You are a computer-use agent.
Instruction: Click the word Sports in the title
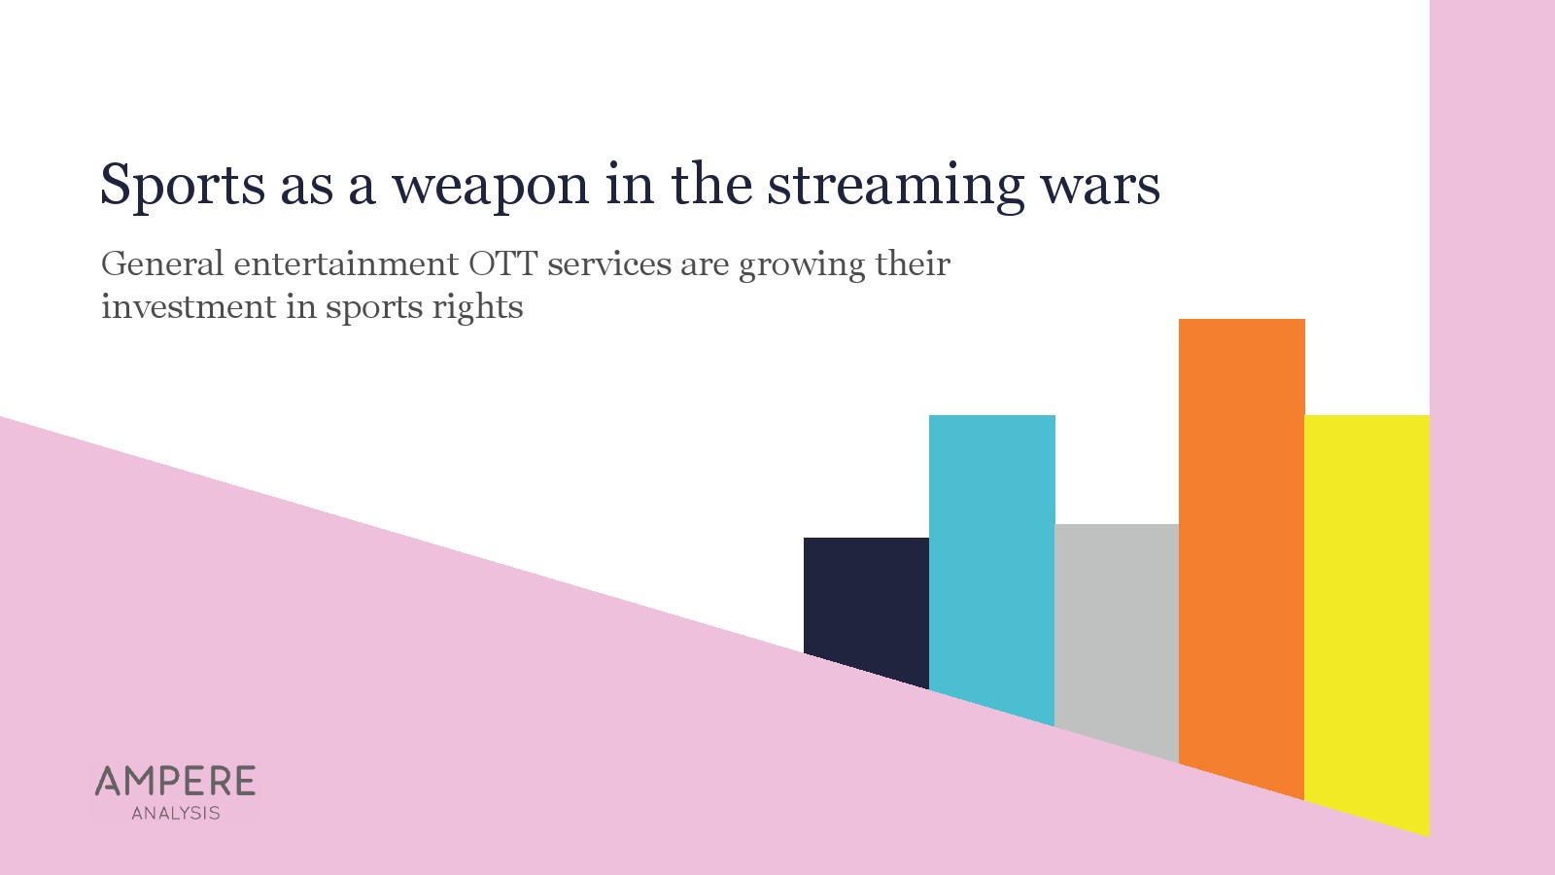(183, 186)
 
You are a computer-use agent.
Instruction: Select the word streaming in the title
(895, 187)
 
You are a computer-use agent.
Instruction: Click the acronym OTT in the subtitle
(502, 263)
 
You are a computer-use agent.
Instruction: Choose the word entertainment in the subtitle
(346, 264)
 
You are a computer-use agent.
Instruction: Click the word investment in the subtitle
(189, 307)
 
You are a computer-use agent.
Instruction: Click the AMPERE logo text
(175, 782)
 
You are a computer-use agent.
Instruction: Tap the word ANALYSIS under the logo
(176, 813)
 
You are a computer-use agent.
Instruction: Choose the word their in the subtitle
(913, 263)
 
